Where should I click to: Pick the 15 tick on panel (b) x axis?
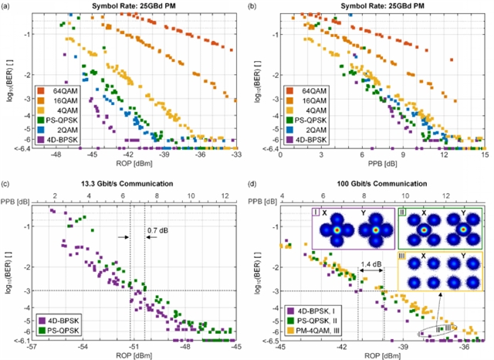484,156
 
